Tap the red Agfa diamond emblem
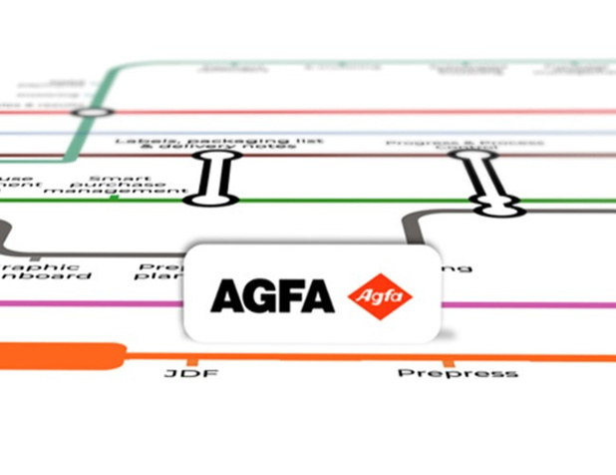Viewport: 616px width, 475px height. pyautogui.click(x=380, y=295)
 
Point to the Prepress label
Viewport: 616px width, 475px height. pyautogui.click(x=458, y=373)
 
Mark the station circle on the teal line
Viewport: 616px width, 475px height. pyautogui.click(x=91, y=112)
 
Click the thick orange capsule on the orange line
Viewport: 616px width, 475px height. pyautogui.click(x=60, y=354)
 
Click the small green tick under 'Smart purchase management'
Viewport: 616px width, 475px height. pyautogui.click(x=116, y=197)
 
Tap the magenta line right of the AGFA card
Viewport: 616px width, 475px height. pyautogui.click(x=528, y=305)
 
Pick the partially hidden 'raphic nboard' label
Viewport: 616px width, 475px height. pyautogui.click(x=45, y=270)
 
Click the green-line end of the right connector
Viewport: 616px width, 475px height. pyautogui.click(x=495, y=207)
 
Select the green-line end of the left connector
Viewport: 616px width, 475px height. pyautogui.click(x=212, y=201)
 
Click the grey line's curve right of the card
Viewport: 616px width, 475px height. pyautogui.click(x=411, y=225)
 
